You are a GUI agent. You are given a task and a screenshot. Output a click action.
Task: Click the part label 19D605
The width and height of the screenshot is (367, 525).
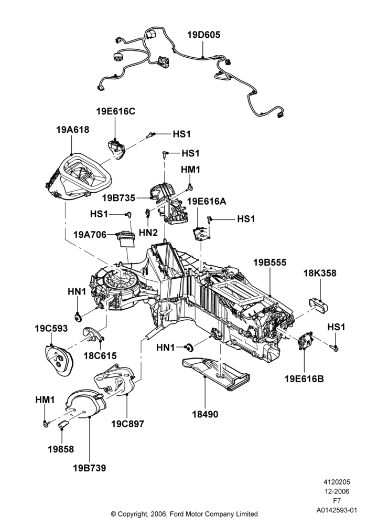click(x=203, y=35)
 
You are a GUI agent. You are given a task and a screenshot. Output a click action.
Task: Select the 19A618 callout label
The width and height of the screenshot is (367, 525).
click(x=73, y=130)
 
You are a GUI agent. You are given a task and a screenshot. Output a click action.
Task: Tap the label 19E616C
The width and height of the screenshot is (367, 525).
click(x=116, y=111)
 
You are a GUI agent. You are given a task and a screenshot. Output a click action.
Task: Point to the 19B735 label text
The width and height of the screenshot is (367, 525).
click(x=118, y=198)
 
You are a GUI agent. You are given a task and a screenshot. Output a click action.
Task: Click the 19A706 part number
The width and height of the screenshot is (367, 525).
click(x=90, y=235)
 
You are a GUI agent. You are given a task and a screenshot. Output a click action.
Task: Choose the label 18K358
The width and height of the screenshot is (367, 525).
click(x=320, y=273)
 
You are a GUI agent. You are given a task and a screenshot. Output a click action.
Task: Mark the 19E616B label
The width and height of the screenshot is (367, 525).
click(x=304, y=379)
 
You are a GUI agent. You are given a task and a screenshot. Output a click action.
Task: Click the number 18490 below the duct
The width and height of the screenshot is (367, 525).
click(x=205, y=414)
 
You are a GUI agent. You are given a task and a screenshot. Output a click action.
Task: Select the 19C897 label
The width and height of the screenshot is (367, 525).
click(x=128, y=424)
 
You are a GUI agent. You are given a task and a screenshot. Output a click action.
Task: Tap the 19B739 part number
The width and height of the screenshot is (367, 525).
click(x=90, y=468)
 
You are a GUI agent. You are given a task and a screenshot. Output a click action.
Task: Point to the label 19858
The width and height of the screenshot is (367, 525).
click(x=61, y=449)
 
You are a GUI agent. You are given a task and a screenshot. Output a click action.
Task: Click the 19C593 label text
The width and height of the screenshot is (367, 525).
click(x=51, y=329)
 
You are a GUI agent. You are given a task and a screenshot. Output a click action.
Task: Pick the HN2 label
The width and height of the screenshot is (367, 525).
click(x=148, y=232)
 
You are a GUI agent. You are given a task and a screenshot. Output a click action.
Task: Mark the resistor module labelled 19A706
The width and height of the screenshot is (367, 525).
click(x=126, y=239)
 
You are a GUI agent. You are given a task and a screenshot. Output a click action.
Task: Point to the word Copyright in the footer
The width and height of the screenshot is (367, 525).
click(x=131, y=514)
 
